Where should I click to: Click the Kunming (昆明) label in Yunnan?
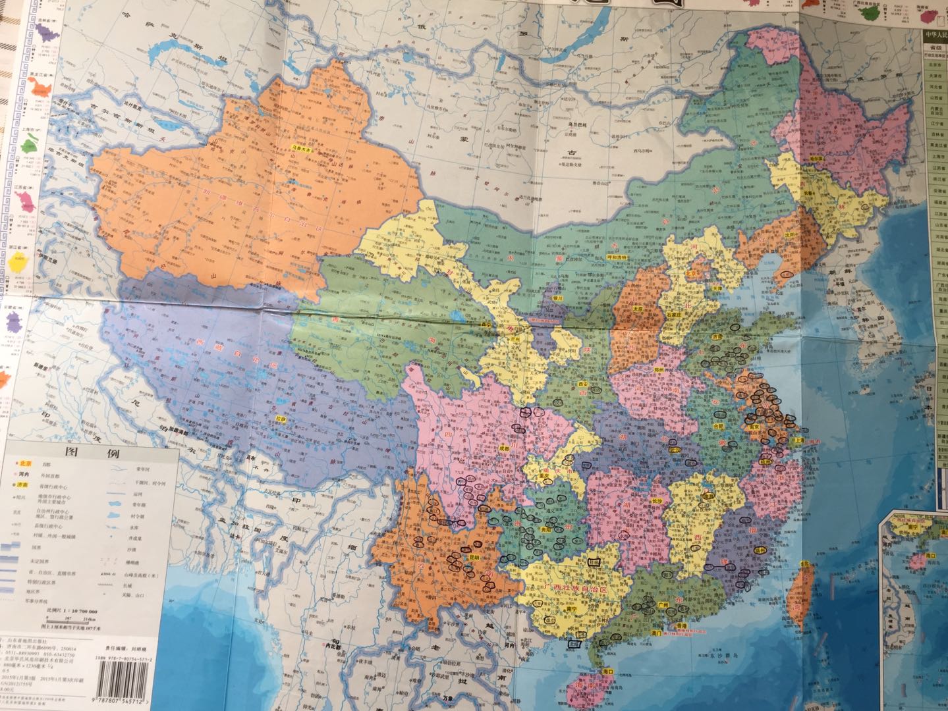[472, 557]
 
